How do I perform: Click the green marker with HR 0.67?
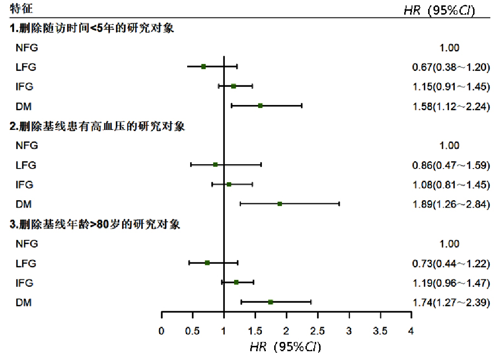click(203, 66)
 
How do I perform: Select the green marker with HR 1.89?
click(280, 204)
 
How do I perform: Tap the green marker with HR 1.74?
click(270, 302)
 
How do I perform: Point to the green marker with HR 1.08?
click(229, 184)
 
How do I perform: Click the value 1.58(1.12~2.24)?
click(451, 106)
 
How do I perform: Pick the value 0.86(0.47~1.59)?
click(451, 165)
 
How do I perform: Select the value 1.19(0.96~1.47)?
click(451, 283)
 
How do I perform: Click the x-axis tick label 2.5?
click(318, 331)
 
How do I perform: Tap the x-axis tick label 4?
click(411, 331)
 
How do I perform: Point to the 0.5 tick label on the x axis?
click(193, 331)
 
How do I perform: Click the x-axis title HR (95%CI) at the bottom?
click(285, 347)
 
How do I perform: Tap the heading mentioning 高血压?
click(98, 126)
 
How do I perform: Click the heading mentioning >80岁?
click(95, 224)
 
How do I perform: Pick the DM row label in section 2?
click(23, 204)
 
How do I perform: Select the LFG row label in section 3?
click(26, 263)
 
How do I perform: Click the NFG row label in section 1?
click(26, 47)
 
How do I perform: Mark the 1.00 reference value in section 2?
click(450, 146)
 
